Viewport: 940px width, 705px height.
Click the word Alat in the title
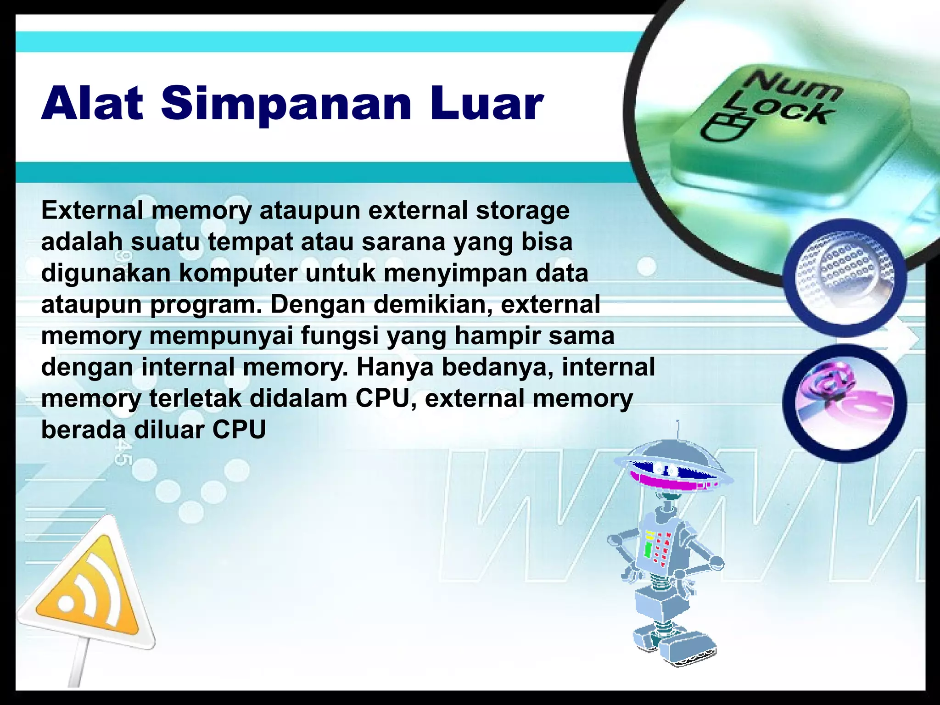point(92,104)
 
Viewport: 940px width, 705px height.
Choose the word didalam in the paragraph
point(298,398)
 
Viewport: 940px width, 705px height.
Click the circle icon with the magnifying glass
point(845,278)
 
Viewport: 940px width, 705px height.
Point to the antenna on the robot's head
point(678,429)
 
